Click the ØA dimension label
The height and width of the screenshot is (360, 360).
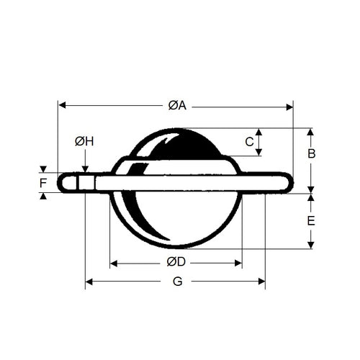177,106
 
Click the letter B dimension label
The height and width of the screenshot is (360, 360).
312,153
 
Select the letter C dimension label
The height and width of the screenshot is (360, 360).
249,142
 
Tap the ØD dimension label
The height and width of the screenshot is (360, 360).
176,261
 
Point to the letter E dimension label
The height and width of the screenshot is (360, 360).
311,221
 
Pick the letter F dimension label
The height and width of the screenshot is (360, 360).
44,183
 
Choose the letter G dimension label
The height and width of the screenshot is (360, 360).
177,282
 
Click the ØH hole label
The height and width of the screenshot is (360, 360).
84,141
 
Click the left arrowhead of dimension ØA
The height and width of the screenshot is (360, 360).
61,106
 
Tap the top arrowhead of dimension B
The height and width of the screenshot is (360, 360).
311,132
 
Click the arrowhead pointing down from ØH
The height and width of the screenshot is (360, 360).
85,169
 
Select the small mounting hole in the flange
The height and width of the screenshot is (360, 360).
86,182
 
